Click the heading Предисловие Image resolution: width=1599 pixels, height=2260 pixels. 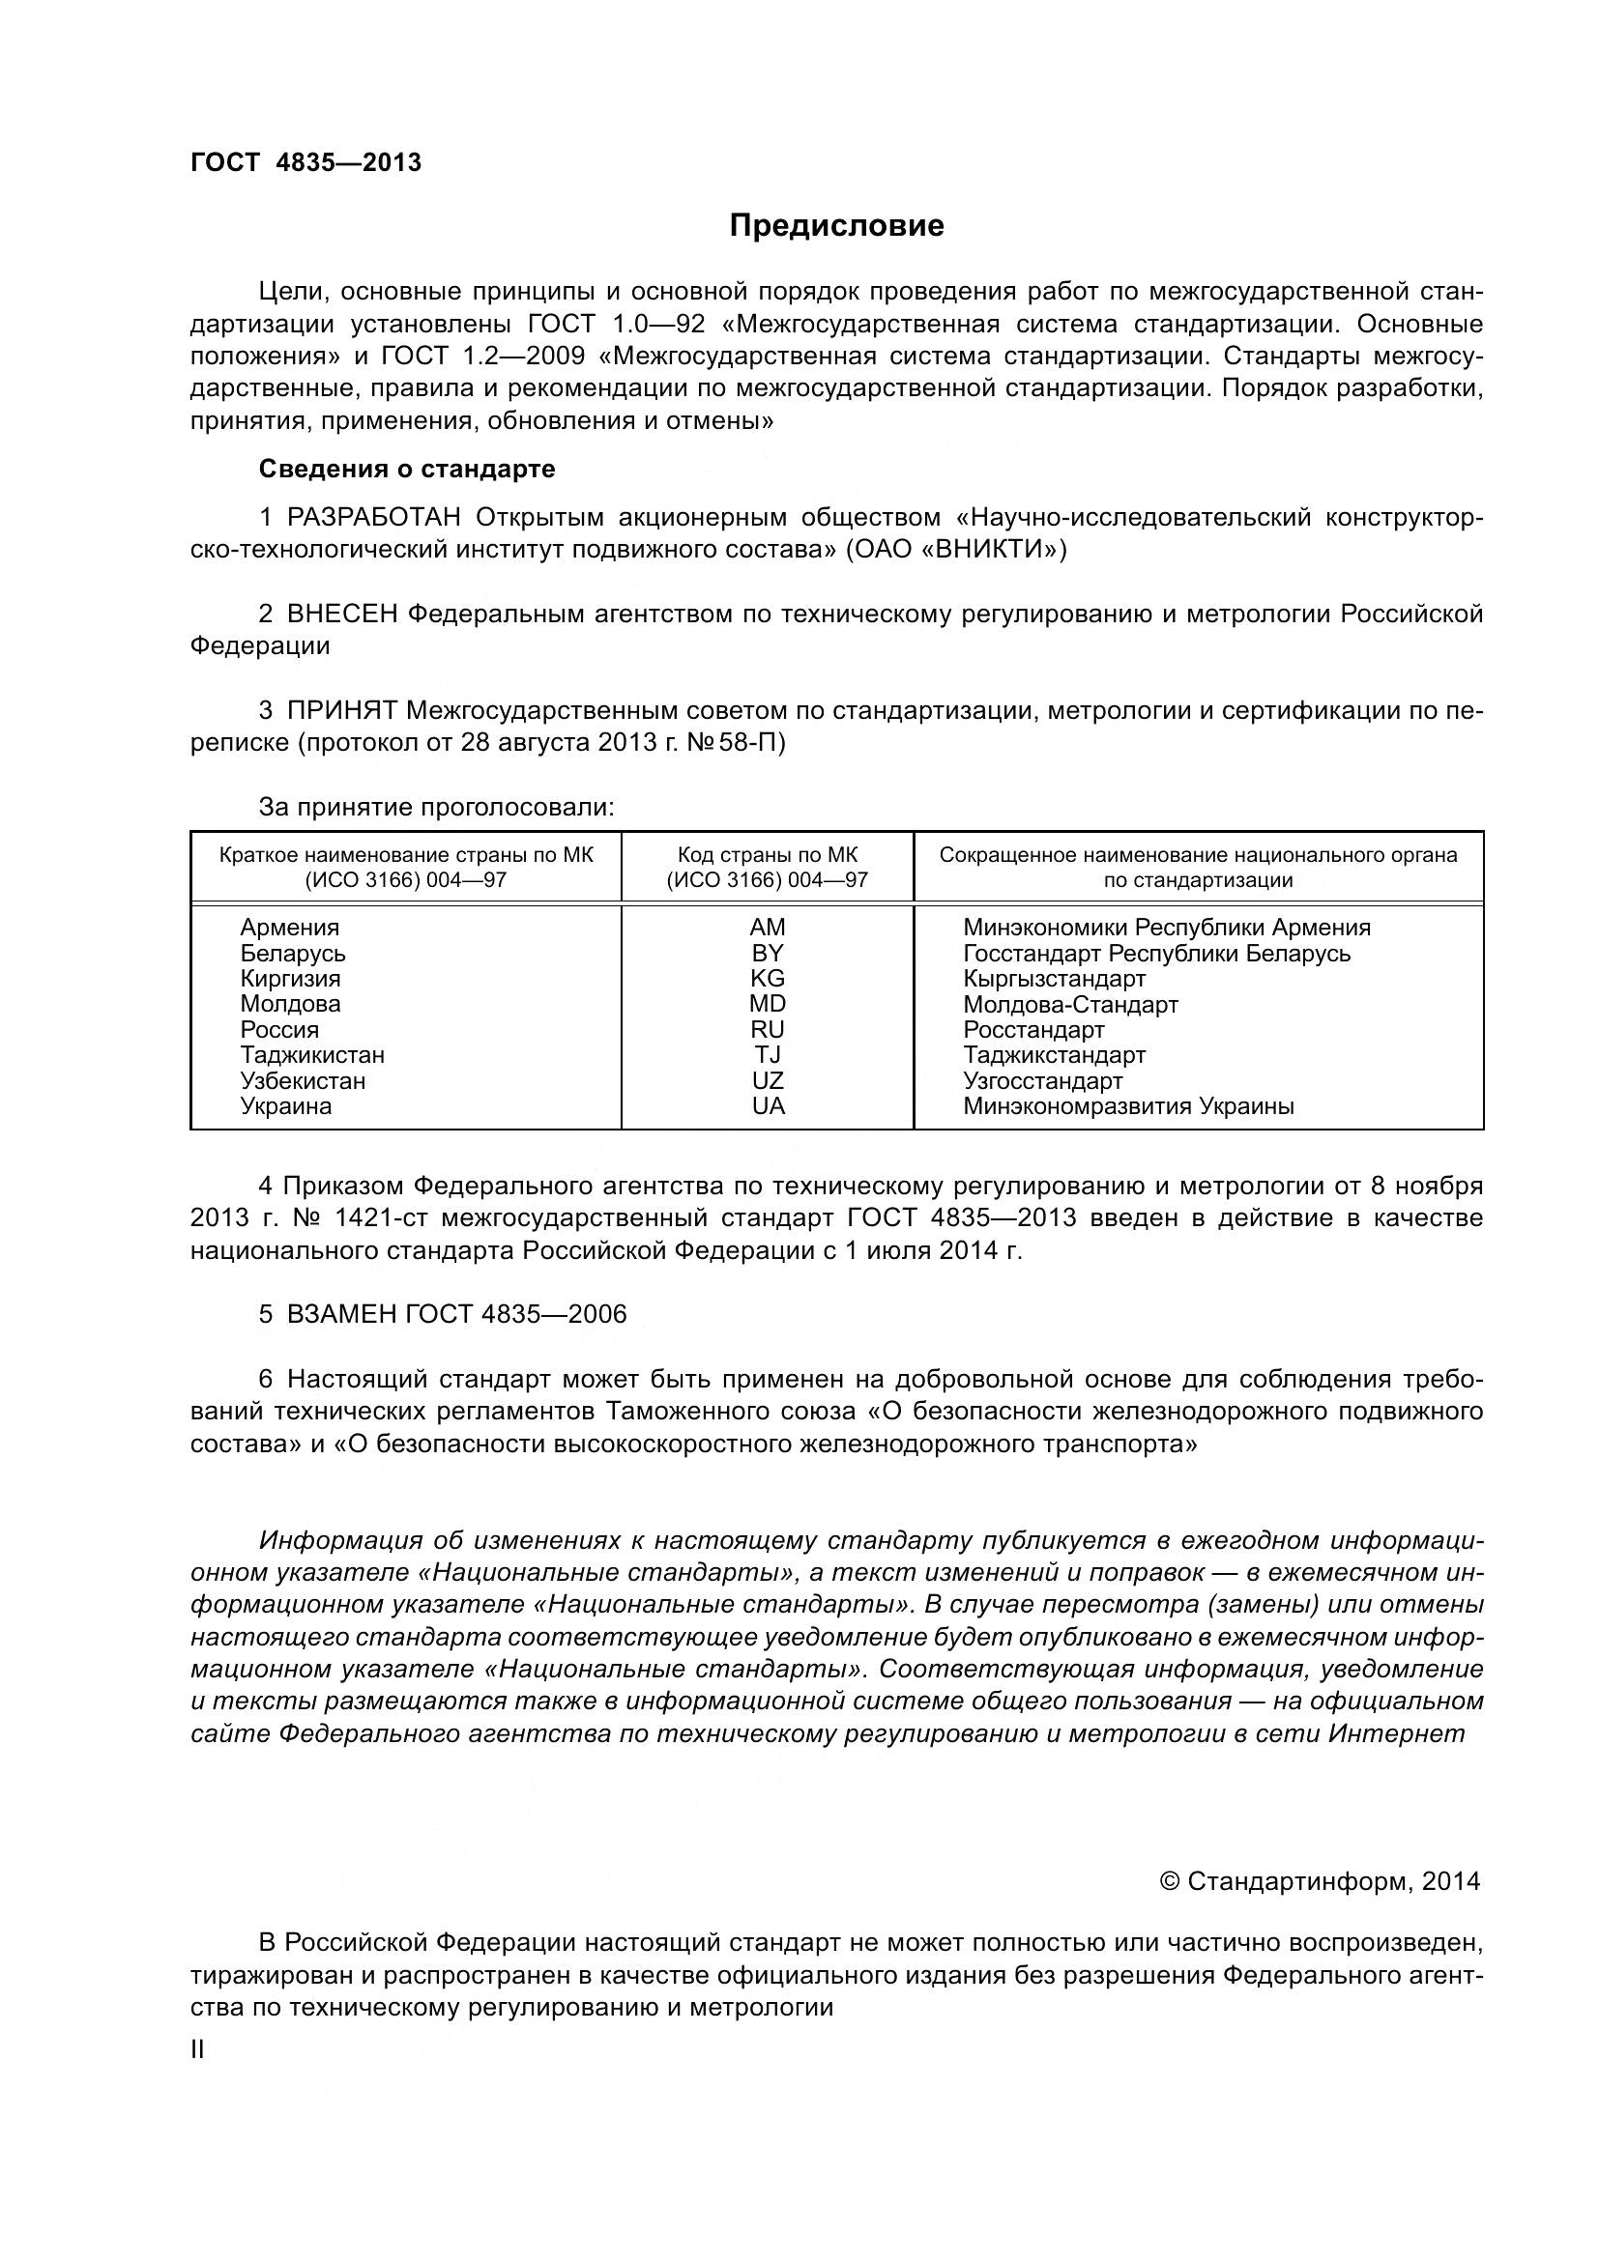pos(836,225)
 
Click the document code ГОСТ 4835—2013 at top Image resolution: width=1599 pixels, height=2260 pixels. pos(305,162)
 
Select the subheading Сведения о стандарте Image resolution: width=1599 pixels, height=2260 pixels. pos(407,469)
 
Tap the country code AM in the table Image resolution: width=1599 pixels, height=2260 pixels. pos(767,928)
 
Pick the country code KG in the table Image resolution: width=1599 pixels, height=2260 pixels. pos(767,979)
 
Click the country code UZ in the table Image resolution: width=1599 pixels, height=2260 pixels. pos(767,1081)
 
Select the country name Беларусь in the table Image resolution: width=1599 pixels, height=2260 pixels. pos(292,953)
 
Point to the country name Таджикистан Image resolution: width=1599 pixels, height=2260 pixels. pos(312,1055)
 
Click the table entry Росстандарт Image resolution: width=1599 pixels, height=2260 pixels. pos(1033,1030)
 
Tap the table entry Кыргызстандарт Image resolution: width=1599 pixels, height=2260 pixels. pos(1055,979)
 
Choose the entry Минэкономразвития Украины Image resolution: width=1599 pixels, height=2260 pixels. pos(1128,1106)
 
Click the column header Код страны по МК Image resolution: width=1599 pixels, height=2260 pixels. pos(767,854)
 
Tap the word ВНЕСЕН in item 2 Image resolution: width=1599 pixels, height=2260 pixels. pos(342,615)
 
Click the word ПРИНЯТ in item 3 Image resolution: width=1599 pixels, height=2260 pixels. pos(341,711)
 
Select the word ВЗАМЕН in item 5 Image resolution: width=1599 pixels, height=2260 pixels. pos(341,1315)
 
